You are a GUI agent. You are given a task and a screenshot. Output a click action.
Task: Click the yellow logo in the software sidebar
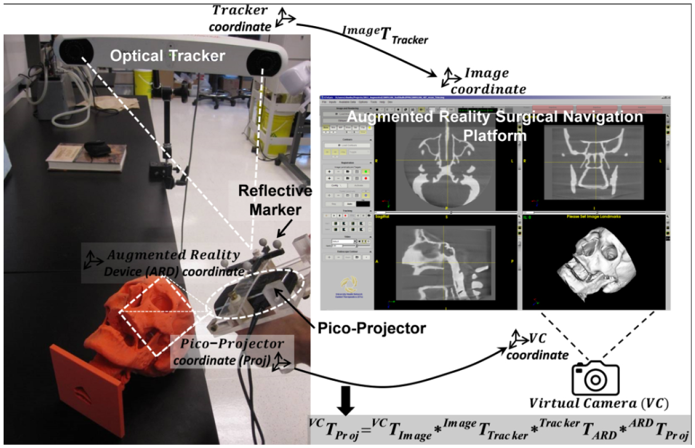[346, 286]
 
